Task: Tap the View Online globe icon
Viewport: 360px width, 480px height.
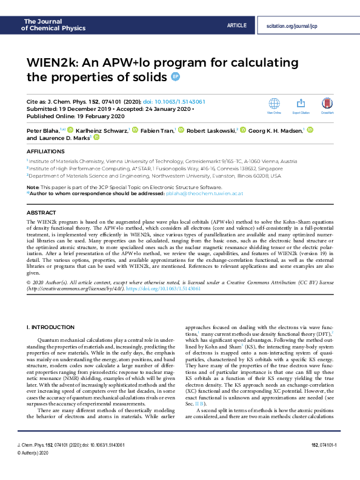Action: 274,104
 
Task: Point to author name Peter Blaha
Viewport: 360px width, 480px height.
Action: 41,130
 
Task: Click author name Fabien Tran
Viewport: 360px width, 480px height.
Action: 158,130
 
